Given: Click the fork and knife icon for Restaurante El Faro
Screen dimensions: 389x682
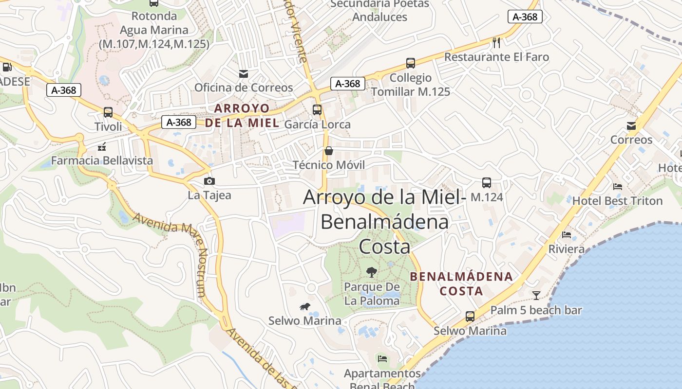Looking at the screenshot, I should click(x=496, y=43).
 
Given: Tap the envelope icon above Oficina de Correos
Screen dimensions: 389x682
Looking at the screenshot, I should click(x=243, y=74).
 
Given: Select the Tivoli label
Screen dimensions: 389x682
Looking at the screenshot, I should click(x=108, y=127).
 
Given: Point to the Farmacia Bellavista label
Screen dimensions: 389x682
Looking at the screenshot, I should click(x=102, y=160).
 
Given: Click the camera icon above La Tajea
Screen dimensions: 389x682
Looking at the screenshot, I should click(x=209, y=181).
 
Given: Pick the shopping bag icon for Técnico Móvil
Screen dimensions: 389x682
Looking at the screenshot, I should click(x=329, y=151).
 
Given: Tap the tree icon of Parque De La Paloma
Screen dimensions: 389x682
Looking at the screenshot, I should click(x=372, y=272).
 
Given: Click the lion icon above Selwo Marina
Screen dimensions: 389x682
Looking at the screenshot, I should click(x=305, y=306).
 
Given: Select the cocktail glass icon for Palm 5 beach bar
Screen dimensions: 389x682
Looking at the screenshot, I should click(x=536, y=295).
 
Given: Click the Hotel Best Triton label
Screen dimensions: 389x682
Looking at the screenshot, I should click(x=617, y=201).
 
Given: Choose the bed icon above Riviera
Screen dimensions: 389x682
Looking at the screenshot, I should click(x=567, y=235).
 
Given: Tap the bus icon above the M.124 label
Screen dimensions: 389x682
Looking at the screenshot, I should click(x=486, y=183).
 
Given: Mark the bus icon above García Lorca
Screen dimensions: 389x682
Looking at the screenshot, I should click(x=317, y=110).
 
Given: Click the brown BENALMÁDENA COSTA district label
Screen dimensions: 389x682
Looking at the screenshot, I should click(x=461, y=284).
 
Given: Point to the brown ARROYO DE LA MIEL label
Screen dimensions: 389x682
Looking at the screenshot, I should click(x=242, y=115).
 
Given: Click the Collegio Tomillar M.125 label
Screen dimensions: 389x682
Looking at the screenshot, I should click(x=411, y=85).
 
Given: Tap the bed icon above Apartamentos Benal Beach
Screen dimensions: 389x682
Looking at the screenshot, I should click(x=382, y=359).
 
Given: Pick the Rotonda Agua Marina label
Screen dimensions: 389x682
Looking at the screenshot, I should click(x=154, y=30).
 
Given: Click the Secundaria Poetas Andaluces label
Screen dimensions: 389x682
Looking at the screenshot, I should click(x=380, y=11).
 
